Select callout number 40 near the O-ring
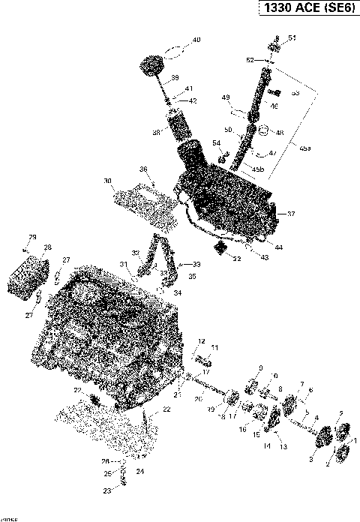(x=196, y=40)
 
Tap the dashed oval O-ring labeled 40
(x=172, y=52)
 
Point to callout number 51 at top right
(x=292, y=37)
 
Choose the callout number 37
(x=291, y=214)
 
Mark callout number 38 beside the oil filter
(x=157, y=131)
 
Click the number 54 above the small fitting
(x=216, y=142)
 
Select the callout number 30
(x=108, y=181)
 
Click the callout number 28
(x=47, y=247)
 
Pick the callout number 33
(x=196, y=264)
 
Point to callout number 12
(x=201, y=341)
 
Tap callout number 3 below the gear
(x=311, y=458)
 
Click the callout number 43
(x=263, y=257)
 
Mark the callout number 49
(x=224, y=97)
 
